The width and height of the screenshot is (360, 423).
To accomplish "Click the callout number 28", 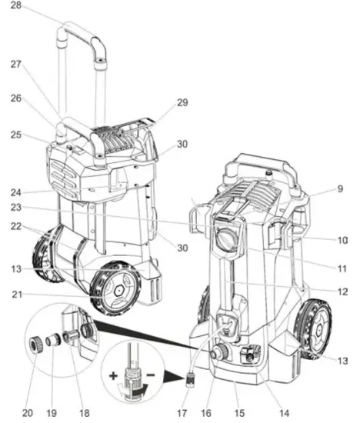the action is pyautogui.click(x=15, y=5).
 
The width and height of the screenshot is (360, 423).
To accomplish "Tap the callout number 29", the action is pyautogui.click(x=182, y=102).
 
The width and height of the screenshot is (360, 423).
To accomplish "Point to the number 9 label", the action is pyautogui.click(x=340, y=189).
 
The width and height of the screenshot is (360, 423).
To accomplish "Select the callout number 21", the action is pyautogui.click(x=17, y=295).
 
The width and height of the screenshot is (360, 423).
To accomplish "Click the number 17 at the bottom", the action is pyautogui.click(x=182, y=413).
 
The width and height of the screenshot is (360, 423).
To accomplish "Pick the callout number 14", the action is pyautogui.click(x=285, y=413).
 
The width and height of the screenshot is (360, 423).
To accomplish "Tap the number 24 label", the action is pyautogui.click(x=16, y=192).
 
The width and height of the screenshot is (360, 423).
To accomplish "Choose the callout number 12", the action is pyautogui.click(x=343, y=291).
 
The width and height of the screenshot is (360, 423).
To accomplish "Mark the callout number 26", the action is pyautogui.click(x=16, y=98).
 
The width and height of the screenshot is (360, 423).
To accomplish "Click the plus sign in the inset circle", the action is pyautogui.click(x=113, y=375).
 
